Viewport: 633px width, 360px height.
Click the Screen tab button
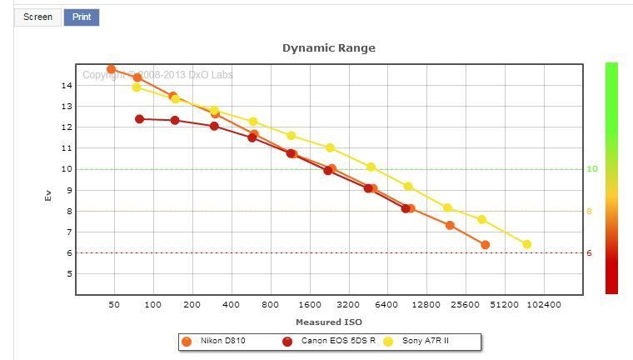coord(37,17)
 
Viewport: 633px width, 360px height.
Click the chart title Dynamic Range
coord(328,47)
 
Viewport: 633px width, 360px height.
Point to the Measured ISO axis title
coord(328,322)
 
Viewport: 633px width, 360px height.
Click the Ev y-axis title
coord(47,197)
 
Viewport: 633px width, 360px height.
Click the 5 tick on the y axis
coord(67,274)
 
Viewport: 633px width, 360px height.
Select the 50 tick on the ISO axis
coord(114,305)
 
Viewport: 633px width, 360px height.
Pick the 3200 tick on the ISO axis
coord(348,305)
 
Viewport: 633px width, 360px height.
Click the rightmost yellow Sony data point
coord(526,244)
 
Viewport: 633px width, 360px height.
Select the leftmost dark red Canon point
coord(140,119)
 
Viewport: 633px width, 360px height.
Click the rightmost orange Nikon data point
coord(486,245)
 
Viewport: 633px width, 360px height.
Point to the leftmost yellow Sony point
coord(137,87)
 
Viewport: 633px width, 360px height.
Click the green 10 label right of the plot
coord(592,169)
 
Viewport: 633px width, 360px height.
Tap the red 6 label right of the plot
coord(589,253)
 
